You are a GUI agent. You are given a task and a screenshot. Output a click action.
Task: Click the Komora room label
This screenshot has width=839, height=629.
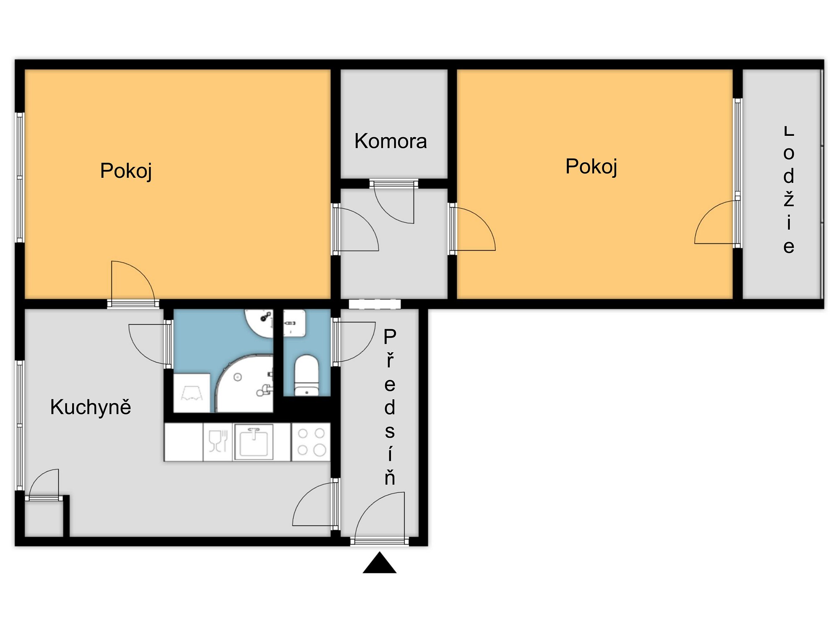[x=391, y=141]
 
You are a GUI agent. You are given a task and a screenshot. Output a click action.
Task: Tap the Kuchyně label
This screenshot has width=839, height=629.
[x=91, y=407]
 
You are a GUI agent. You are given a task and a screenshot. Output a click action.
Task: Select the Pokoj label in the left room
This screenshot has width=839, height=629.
[x=126, y=171]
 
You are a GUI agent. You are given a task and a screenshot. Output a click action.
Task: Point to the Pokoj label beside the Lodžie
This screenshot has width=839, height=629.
[x=591, y=167]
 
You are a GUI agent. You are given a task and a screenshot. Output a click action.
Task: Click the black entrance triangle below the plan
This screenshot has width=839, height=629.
[x=380, y=563]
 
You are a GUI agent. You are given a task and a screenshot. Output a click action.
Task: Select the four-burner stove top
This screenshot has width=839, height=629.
[x=311, y=442]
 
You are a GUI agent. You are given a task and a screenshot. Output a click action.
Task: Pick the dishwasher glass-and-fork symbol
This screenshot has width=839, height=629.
[x=218, y=441]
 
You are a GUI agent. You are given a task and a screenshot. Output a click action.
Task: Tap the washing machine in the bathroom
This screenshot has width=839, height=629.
[x=192, y=392]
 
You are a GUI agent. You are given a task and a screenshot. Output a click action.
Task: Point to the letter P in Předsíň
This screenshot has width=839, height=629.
[x=390, y=337]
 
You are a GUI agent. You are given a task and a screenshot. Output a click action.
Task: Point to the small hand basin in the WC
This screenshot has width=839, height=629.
[x=294, y=323]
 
